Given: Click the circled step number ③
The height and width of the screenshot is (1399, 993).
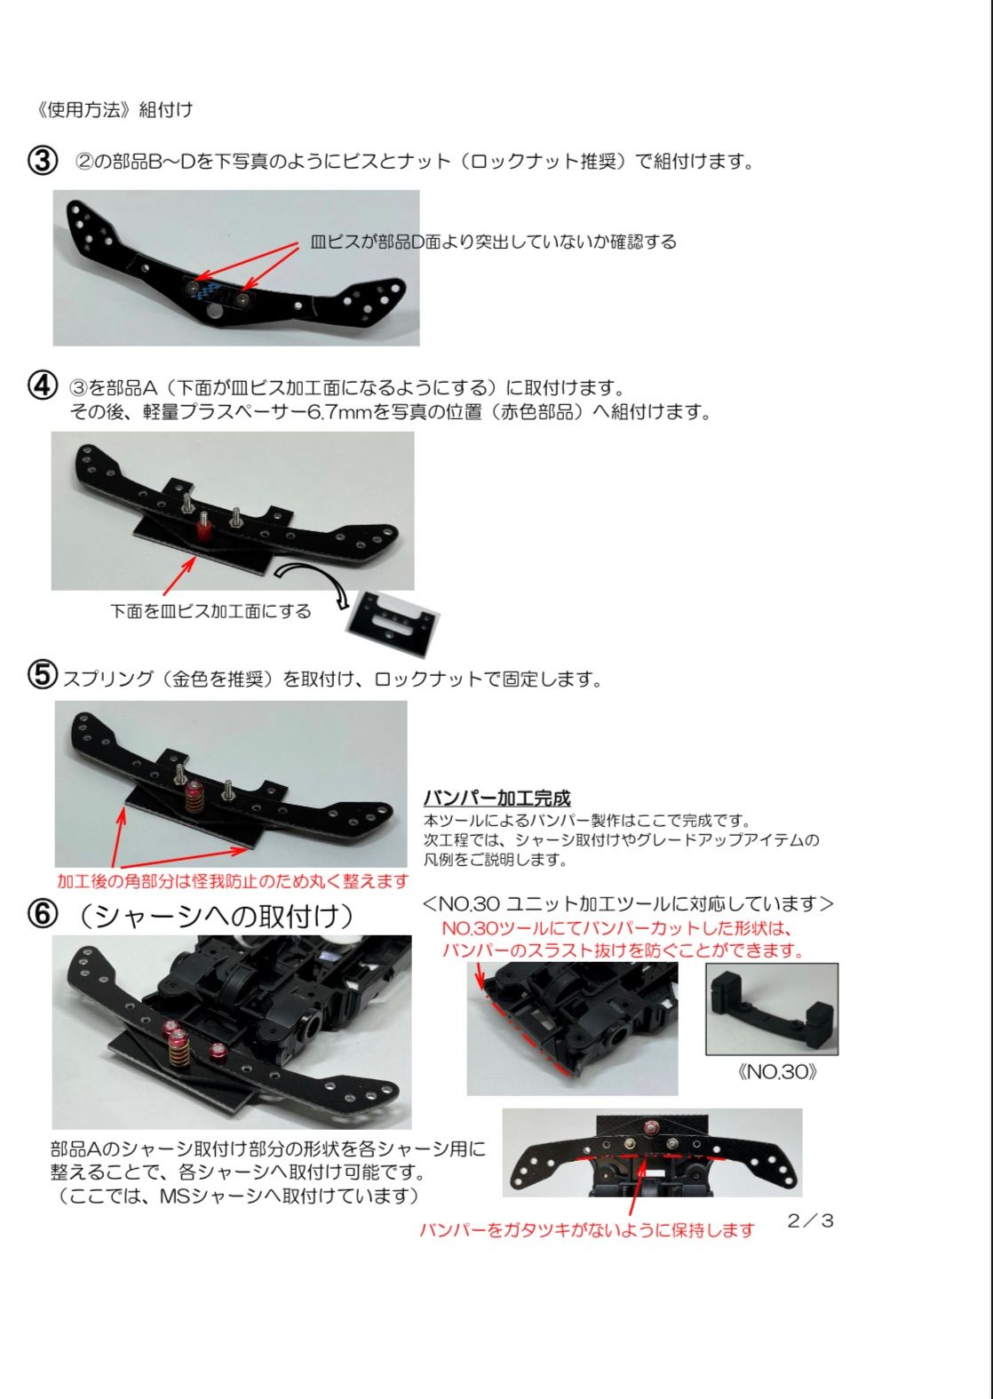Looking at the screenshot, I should pos(43,161).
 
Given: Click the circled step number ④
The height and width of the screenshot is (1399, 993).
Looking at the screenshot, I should pos(43,386).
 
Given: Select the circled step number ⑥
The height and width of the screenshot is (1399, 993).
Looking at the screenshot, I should pos(43,915).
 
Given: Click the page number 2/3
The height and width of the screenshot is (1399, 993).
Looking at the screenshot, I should pos(810,1220).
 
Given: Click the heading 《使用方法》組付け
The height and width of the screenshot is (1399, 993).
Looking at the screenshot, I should pos(113,109).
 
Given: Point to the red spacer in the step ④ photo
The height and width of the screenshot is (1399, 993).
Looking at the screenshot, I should pos(203,531).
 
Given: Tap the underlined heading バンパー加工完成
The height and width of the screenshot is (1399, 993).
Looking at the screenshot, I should pos(496,798).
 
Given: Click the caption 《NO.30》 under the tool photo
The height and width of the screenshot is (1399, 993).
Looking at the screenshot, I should pos(777,1071).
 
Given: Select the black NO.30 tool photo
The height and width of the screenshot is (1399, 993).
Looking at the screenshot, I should pos(772,1009).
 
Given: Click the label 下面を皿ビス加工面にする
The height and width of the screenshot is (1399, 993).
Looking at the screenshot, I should pos(211,611).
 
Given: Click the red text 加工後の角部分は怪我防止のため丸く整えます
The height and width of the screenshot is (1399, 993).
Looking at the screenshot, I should pos(232,881).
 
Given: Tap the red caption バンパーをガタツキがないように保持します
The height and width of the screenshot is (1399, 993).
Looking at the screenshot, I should pos(586,1230).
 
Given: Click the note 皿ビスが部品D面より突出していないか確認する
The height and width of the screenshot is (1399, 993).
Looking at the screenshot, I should pos(494,242).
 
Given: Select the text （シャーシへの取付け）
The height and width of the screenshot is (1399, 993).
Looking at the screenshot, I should pos(216,916).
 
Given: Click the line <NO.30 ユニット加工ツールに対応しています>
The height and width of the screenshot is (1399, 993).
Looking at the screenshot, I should pos(628,904).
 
